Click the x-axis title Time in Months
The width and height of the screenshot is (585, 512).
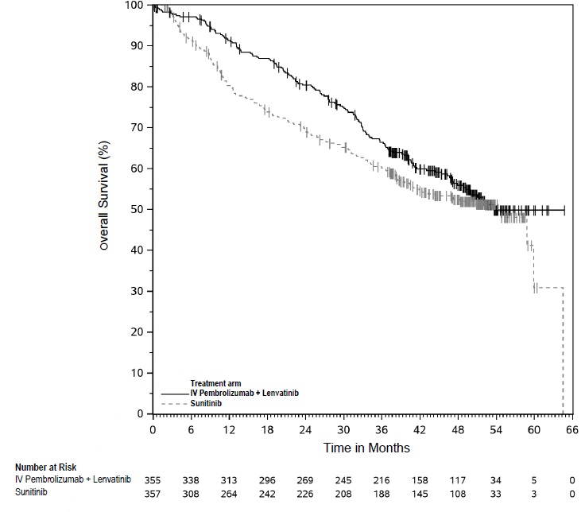tap(366, 448)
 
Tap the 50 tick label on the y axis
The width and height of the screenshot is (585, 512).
tap(137, 209)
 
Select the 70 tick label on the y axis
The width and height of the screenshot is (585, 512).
tap(137, 127)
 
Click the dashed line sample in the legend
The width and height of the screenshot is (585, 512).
tap(174, 404)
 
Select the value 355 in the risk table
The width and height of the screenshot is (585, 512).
tap(153, 480)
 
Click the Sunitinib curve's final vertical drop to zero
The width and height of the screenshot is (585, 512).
tap(564, 350)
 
